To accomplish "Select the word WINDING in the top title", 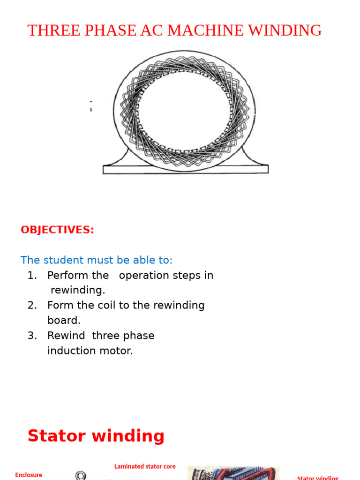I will click(x=285, y=30).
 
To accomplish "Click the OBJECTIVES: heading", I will click(x=57, y=230).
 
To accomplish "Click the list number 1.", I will click(x=31, y=275).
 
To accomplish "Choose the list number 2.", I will click(x=31, y=305).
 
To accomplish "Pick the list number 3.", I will click(x=31, y=336).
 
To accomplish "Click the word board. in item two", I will click(x=64, y=320).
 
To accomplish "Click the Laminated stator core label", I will click(x=145, y=466).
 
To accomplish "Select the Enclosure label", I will click(x=29, y=475).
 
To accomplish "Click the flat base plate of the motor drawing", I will click(x=186, y=169).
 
